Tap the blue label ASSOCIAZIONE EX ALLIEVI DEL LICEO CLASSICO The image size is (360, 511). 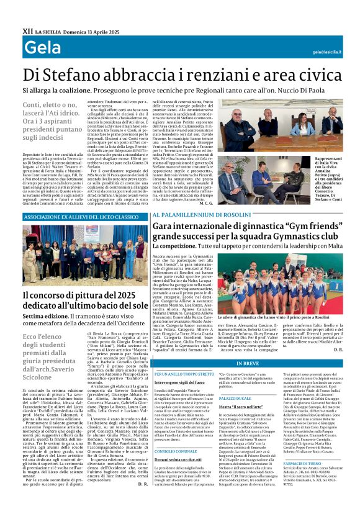point(81,217)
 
